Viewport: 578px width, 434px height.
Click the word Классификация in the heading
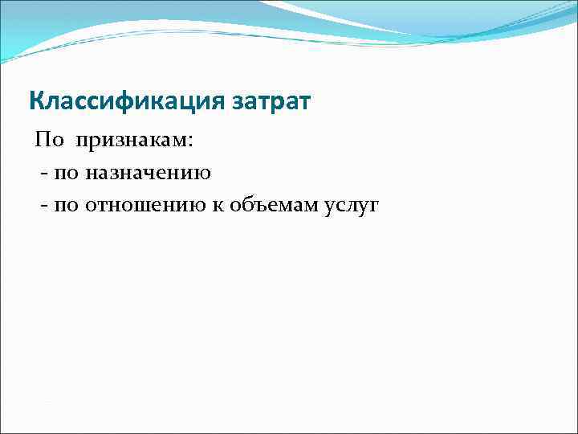pos(127,102)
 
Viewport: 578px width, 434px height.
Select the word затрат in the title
pos(271,102)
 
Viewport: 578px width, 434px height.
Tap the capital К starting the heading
pos(35,102)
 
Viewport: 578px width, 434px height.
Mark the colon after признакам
pos(190,142)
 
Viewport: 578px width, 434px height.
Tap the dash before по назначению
pos(42,174)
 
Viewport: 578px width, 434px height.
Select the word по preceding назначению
pos(66,174)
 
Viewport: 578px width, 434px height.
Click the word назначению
pos(149,174)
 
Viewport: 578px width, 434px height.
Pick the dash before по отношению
pos(42,206)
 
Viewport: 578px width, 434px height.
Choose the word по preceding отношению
pos(66,206)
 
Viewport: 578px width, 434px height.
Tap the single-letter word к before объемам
pos(218,206)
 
